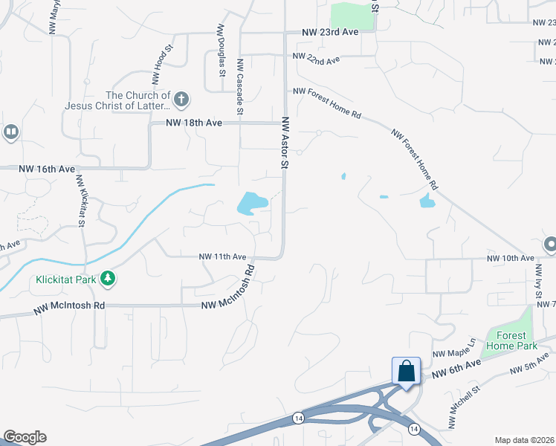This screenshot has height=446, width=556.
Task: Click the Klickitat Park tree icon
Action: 109,278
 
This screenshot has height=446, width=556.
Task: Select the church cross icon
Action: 181,98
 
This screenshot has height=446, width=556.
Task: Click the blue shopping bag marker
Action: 407,370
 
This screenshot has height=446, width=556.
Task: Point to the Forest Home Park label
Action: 511,340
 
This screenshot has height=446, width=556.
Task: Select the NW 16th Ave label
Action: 48,169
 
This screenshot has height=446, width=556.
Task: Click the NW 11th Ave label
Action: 222,256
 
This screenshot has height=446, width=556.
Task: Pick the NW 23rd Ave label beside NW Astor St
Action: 330,33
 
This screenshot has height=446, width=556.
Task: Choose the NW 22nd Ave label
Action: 316,58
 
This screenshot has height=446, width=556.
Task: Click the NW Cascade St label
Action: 239,87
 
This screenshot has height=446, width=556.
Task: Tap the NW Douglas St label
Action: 221,50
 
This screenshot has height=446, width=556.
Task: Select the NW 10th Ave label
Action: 510,259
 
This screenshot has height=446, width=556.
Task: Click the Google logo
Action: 25,437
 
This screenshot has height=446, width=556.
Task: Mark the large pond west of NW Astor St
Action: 251,202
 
